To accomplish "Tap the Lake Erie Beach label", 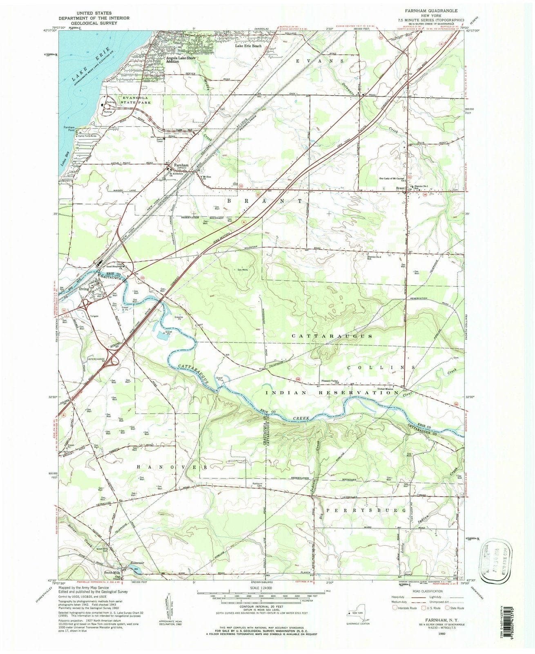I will pyautogui.click(x=248, y=46).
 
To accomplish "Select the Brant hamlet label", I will pyautogui.click(x=400, y=188).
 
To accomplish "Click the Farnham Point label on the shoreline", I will pyautogui.click(x=69, y=129).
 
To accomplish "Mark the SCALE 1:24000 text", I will pyautogui.click(x=261, y=591).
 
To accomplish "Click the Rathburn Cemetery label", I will pyautogui.click(x=256, y=484).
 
